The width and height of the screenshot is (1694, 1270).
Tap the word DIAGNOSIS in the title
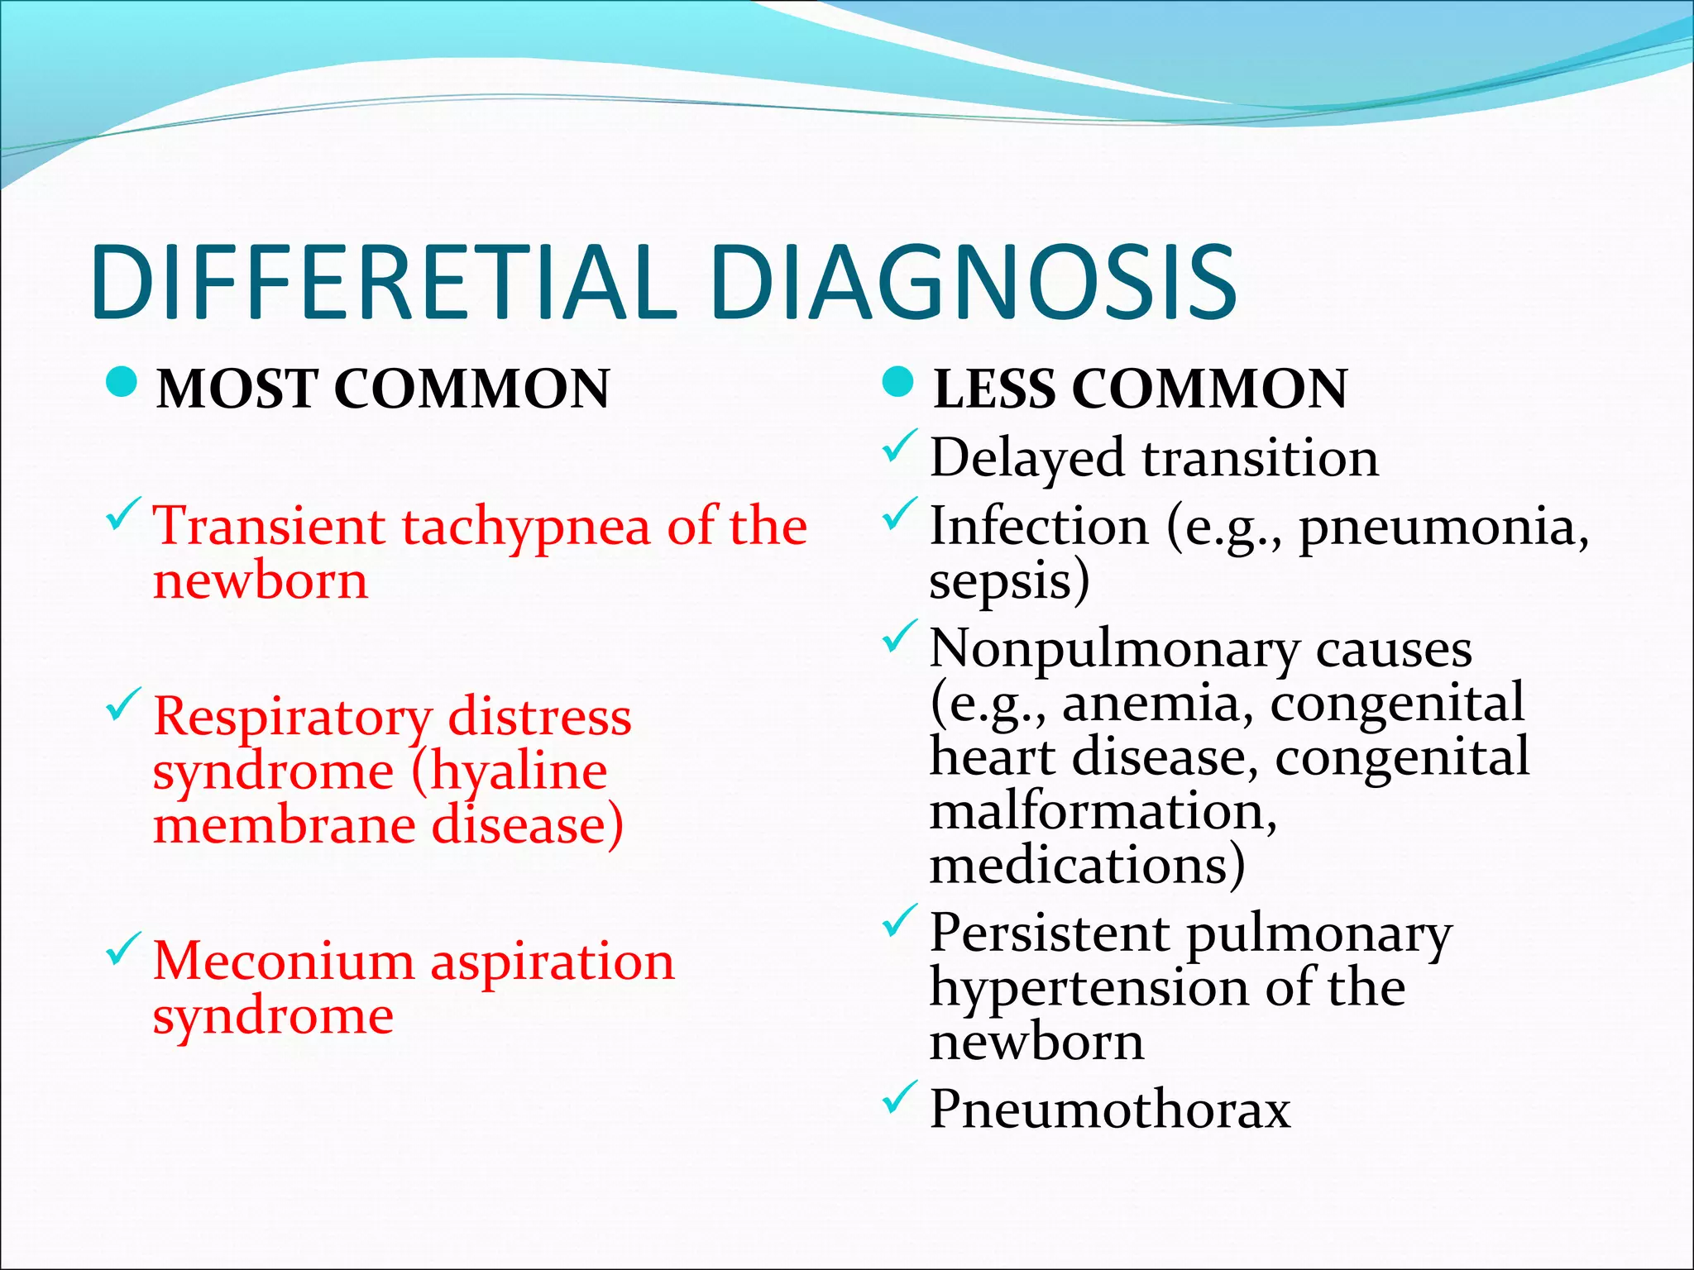(x=973, y=282)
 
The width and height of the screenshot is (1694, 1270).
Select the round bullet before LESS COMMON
(x=897, y=383)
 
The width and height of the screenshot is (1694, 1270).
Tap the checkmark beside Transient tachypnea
(x=123, y=517)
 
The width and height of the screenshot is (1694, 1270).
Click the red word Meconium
(x=283, y=962)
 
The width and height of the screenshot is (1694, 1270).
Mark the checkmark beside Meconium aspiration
(x=123, y=951)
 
